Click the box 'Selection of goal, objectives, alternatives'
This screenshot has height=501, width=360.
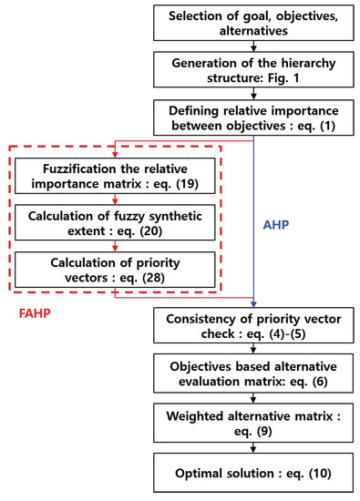point(254,23)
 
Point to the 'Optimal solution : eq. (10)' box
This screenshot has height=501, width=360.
point(254,472)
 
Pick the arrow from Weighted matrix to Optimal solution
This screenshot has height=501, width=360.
point(254,448)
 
